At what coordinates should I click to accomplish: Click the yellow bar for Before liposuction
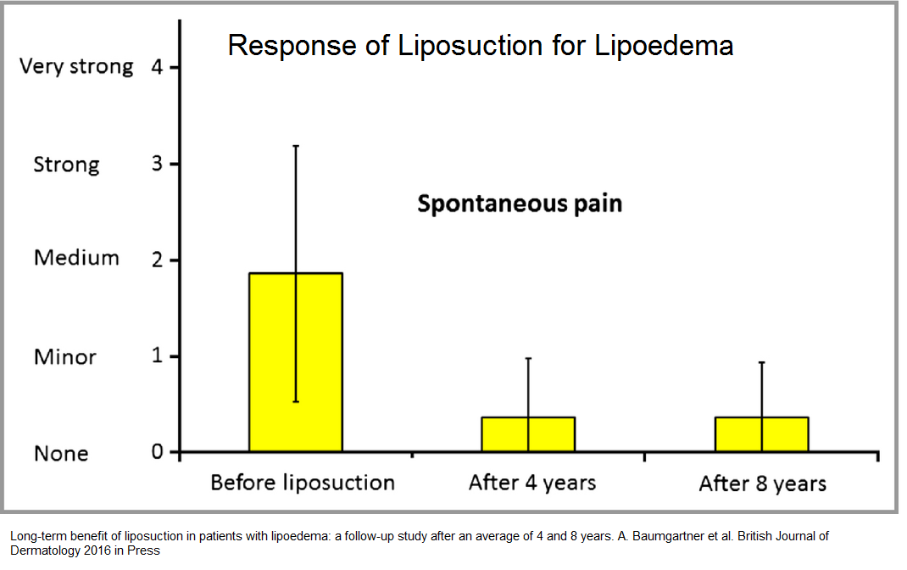pos(296,361)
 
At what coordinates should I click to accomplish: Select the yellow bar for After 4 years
pos(528,434)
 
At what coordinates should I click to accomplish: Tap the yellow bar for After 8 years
pos(761,434)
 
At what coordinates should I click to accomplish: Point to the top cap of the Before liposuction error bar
pos(296,146)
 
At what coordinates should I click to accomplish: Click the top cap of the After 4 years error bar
pos(528,359)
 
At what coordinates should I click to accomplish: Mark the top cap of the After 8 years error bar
pos(761,362)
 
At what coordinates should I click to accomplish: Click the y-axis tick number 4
pos(157,67)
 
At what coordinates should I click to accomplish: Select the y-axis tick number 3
pos(157,164)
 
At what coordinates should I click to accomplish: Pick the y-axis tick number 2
pos(157,260)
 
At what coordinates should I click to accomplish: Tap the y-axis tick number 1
pos(157,355)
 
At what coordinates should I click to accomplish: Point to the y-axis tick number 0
pos(157,451)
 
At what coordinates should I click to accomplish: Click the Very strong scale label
pos(76,66)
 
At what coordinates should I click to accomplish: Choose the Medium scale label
pos(76,258)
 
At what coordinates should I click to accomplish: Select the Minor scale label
pos(64,356)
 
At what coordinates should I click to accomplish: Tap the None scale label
pos(61,453)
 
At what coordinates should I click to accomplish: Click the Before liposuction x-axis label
pos(303,483)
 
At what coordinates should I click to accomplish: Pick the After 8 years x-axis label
pos(762,483)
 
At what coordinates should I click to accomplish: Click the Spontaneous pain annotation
pos(520,204)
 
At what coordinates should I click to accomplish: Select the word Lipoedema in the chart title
pos(664,45)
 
